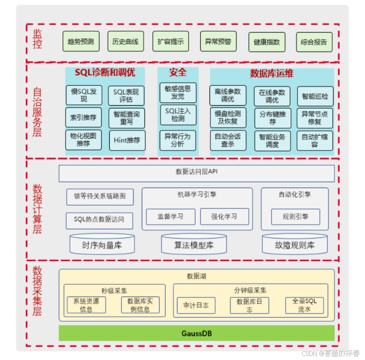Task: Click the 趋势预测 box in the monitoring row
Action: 81,41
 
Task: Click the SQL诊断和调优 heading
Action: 105,73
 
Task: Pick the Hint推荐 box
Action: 127,140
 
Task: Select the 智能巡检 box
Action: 315,96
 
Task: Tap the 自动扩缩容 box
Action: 315,140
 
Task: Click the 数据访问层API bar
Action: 197,173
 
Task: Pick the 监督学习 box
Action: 170,216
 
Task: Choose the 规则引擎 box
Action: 295,217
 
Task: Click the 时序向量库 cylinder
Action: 102,245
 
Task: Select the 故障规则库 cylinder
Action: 295,245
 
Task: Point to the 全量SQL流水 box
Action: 304,305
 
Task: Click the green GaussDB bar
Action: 197,334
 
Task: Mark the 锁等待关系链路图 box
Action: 100,196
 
